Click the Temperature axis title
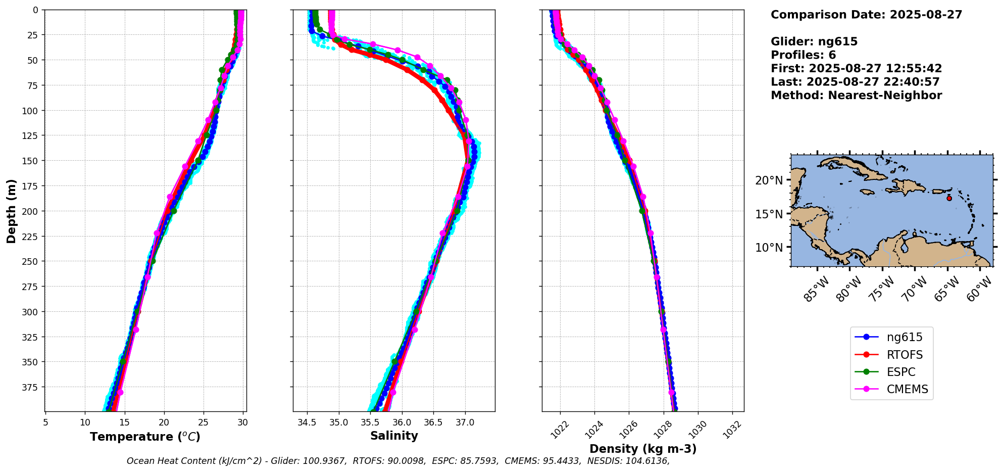[145, 437]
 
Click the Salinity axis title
[394, 436]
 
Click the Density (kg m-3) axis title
[643, 449]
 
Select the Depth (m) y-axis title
[11, 211]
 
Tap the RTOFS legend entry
[905, 355]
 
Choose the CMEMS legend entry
[907, 389]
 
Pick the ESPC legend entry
[901, 372]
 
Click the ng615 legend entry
[905, 337]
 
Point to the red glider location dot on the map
[949, 198]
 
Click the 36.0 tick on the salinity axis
[402, 422]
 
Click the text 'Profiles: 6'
[803, 55]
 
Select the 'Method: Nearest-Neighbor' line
[856, 96]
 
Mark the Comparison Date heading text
[866, 15]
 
